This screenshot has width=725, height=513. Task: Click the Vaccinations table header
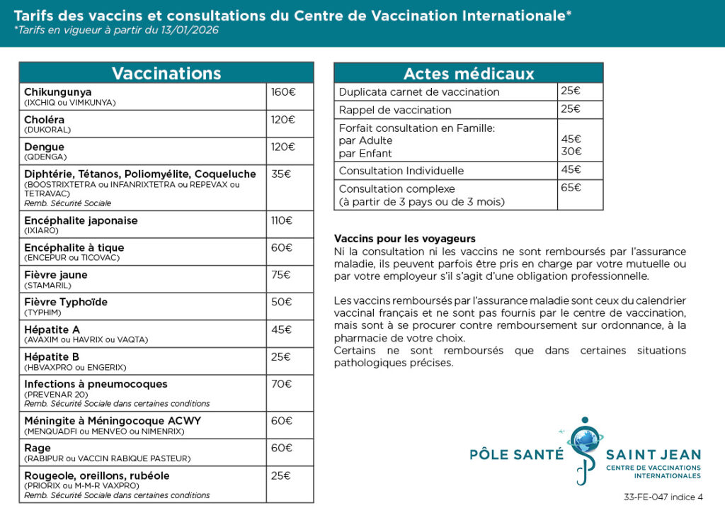click(x=166, y=73)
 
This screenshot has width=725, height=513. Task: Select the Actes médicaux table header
click(x=468, y=73)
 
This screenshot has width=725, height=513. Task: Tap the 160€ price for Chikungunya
click(x=282, y=92)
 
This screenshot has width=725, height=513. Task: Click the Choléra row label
click(x=44, y=120)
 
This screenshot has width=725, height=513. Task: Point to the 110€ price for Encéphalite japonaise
click(x=281, y=220)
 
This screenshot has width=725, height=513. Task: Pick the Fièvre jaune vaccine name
click(x=56, y=275)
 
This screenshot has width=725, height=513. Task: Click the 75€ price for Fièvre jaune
click(x=281, y=275)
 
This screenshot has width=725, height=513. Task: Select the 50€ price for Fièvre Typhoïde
click(x=281, y=302)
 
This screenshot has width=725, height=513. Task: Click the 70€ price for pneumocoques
click(x=281, y=384)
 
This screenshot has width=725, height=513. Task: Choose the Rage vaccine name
click(x=38, y=448)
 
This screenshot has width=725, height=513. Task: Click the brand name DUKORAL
click(x=47, y=130)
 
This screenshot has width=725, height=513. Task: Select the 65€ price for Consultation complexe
click(x=571, y=188)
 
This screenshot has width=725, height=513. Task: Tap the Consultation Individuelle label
click(x=401, y=171)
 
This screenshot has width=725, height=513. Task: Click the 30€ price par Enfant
click(x=571, y=152)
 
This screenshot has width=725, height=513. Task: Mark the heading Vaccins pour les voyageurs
click(x=404, y=239)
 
